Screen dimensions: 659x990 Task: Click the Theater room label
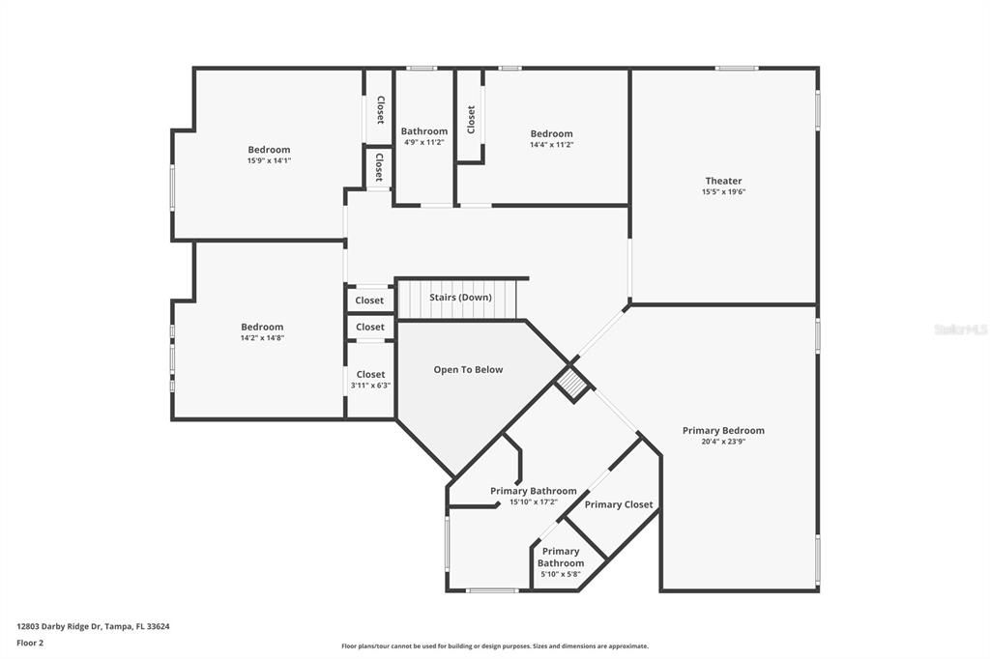pos(723,181)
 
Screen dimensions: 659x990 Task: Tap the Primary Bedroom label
pos(723,431)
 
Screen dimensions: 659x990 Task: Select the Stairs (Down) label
pos(460,298)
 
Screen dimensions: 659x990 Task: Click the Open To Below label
pos(468,370)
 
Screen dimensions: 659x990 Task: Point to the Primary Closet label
pos(619,504)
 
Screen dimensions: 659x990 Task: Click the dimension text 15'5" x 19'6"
pos(723,192)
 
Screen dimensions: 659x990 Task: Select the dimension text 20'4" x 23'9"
pos(723,443)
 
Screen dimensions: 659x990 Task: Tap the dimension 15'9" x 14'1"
pos(269,160)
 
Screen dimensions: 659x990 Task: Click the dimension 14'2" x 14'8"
pos(262,338)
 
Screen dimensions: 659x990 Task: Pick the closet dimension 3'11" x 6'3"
pos(370,386)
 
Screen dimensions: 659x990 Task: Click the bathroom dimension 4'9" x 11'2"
pos(424,142)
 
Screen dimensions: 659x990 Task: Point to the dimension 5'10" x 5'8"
pos(561,574)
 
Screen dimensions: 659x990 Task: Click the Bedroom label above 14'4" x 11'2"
pos(551,133)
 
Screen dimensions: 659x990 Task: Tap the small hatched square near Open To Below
pos(573,385)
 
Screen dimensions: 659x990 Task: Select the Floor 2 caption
pos(30,642)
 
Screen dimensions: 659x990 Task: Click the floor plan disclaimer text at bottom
pos(495,646)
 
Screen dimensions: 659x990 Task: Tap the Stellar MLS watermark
pos(961,329)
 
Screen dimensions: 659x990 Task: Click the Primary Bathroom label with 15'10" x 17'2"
pos(533,491)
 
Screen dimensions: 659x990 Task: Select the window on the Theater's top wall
pos(737,68)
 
